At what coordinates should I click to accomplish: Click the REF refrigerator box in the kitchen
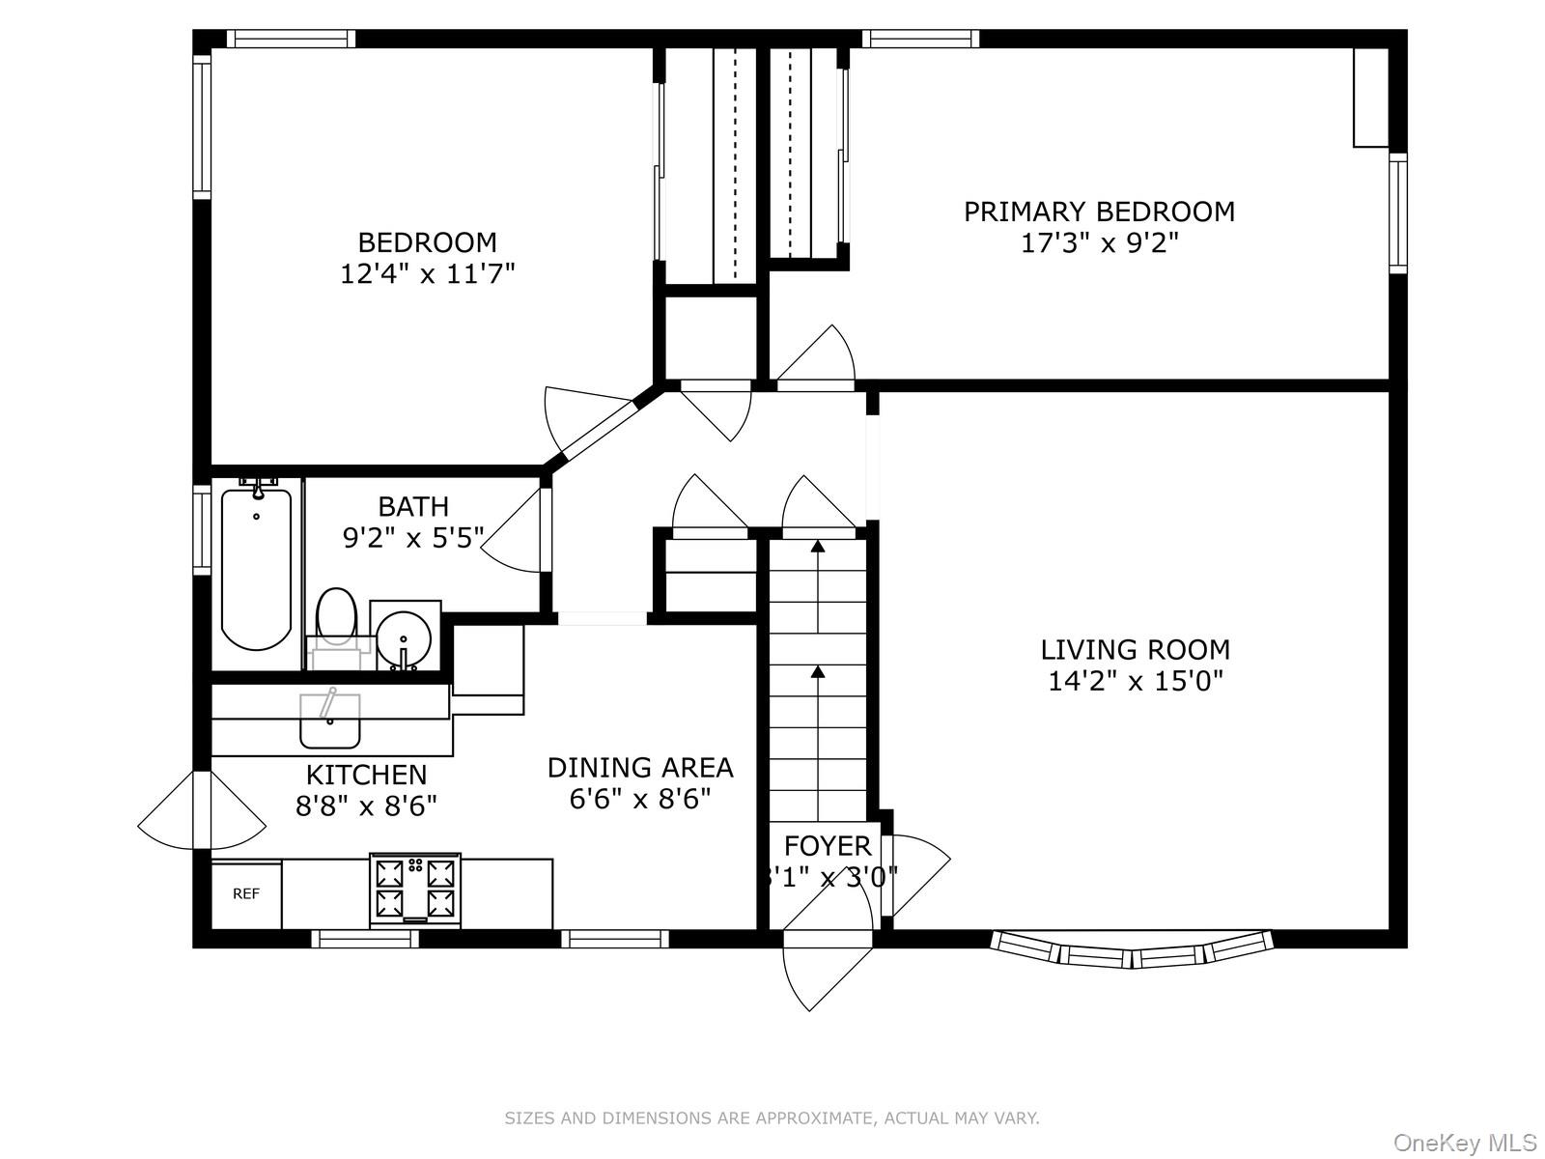click(x=246, y=894)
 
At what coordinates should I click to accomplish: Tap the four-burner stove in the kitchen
click(x=415, y=889)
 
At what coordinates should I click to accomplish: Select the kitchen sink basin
click(x=329, y=721)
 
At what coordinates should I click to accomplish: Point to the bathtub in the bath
click(x=256, y=570)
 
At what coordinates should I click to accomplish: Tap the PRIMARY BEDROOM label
click(x=1099, y=212)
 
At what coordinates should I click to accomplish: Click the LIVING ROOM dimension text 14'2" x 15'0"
click(x=1135, y=682)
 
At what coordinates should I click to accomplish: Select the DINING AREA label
click(x=640, y=768)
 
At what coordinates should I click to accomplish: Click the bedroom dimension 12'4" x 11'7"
click(x=427, y=274)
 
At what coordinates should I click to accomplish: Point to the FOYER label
click(x=827, y=846)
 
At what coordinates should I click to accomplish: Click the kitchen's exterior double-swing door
click(x=201, y=811)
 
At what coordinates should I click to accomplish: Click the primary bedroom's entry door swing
click(x=821, y=357)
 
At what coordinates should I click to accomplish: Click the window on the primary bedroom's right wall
click(x=1397, y=212)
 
